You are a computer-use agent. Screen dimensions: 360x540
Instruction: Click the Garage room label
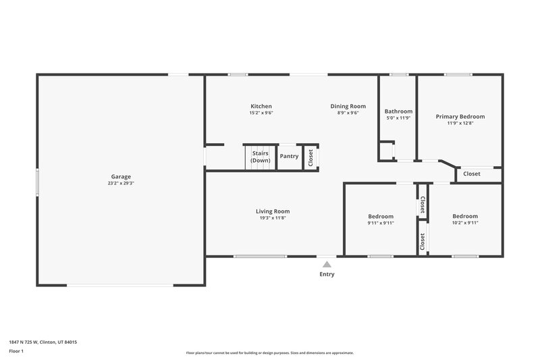[x=121, y=176]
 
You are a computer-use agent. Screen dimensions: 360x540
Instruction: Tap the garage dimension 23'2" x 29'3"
[x=121, y=183]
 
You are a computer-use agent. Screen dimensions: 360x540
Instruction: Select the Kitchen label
[x=261, y=106]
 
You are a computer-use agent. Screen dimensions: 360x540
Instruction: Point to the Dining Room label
[x=348, y=106]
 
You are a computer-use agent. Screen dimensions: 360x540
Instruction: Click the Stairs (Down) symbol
[x=261, y=157]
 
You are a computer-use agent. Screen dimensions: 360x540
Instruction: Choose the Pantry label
[x=289, y=156]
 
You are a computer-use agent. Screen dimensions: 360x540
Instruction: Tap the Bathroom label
[x=398, y=111]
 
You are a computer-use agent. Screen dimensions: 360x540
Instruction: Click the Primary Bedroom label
[x=460, y=116]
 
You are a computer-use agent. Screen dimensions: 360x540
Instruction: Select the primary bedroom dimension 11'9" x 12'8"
[x=460, y=123]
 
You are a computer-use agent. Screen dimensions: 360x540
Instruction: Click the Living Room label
[x=273, y=211]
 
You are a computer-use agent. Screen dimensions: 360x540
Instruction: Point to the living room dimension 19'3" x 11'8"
[x=273, y=217]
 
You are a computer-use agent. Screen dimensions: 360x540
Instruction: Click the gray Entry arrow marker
[x=327, y=264]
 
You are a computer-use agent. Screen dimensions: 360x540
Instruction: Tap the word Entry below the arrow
[x=327, y=274]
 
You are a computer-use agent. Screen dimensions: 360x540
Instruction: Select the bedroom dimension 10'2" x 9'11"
[x=465, y=222]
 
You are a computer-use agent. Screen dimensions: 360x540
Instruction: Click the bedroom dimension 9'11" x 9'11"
[x=381, y=222]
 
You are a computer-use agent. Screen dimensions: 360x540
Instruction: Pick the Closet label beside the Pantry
[x=310, y=158]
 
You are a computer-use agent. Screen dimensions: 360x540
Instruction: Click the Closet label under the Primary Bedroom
[x=472, y=174]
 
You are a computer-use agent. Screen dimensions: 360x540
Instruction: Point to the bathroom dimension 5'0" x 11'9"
[x=398, y=118]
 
